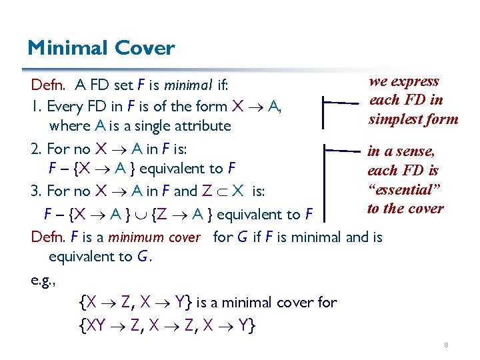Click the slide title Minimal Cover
[x=101, y=48]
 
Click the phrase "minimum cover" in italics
[x=154, y=237]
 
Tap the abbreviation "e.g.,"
[x=43, y=280]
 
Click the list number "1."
[x=37, y=106]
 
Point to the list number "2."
[x=38, y=148]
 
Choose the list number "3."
[x=37, y=192]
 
